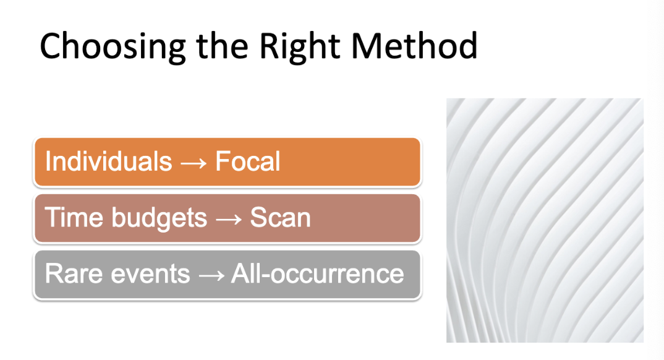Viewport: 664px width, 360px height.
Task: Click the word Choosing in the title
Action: pyautogui.click(x=106, y=46)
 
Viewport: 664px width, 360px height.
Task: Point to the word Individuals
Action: pyautogui.click(x=108, y=161)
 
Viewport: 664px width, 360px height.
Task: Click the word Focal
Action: pyautogui.click(x=247, y=161)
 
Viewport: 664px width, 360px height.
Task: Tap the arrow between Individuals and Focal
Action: pyautogui.click(x=193, y=163)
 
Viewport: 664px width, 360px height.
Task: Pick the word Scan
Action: pyautogui.click(x=279, y=218)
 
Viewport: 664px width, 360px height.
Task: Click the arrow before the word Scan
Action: pyautogui.click(x=228, y=219)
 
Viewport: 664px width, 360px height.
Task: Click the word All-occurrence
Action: pyautogui.click(x=317, y=273)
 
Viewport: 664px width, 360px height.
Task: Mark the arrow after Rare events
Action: pyautogui.click(x=210, y=275)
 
